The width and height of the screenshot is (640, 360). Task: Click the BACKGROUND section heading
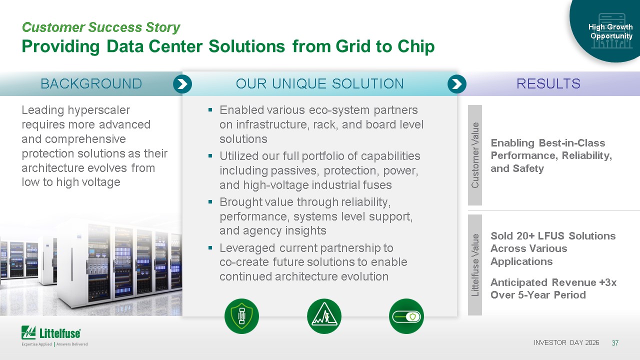[91, 83]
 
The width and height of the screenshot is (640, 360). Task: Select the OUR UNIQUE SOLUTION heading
[319, 83]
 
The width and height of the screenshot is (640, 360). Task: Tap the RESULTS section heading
[548, 83]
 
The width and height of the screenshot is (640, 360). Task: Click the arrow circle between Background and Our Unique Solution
[182, 84]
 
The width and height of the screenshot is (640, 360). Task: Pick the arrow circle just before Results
[457, 84]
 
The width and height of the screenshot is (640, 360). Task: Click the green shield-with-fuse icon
[241, 316]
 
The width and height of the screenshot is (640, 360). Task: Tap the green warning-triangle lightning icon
[324, 316]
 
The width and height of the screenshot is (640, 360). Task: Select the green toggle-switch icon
[406, 316]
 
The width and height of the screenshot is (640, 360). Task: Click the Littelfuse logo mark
[28, 332]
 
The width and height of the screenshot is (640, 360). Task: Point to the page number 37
[615, 343]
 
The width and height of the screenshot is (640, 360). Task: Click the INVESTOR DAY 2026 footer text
[566, 342]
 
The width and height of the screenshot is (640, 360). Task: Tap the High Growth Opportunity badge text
[611, 31]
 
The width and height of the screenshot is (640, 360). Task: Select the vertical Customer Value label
[475, 155]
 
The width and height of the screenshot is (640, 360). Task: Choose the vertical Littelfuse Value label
[475, 265]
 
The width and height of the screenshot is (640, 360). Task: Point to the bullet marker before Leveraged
[210, 247]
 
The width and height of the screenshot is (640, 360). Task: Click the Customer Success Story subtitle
[101, 27]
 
